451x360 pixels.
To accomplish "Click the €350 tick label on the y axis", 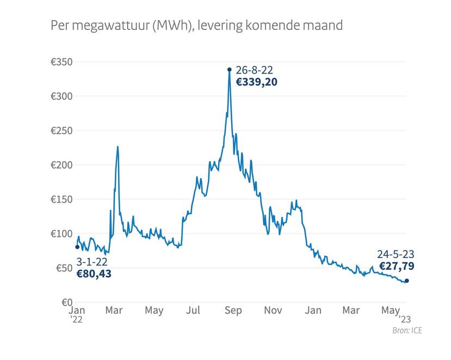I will click(x=61, y=62).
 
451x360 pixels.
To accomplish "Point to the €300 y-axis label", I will click(x=61, y=96).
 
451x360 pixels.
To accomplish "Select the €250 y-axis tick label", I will click(x=61, y=131).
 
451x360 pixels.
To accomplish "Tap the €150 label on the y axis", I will click(x=61, y=199).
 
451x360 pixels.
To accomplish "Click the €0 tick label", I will click(x=66, y=302).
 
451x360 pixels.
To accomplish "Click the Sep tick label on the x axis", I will click(x=233, y=311).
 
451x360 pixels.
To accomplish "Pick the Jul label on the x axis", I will click(x=193, y=311).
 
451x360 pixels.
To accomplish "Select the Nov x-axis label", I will click(x=273, y=311).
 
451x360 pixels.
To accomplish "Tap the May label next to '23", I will click(x=390, y=311).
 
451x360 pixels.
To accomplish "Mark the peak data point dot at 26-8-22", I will click(x=230, y=69).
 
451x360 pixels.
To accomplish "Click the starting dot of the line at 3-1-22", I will click(x=77, y=247).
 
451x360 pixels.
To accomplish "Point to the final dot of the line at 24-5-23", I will click(x=407, y=281).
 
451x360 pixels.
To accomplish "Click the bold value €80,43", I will click(x=94, y=274).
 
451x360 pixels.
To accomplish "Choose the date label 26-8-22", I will click(x=254, y=70).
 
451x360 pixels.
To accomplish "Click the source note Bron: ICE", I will click(x=407, y=331).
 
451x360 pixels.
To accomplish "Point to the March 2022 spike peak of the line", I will click(x=118, y=146).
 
